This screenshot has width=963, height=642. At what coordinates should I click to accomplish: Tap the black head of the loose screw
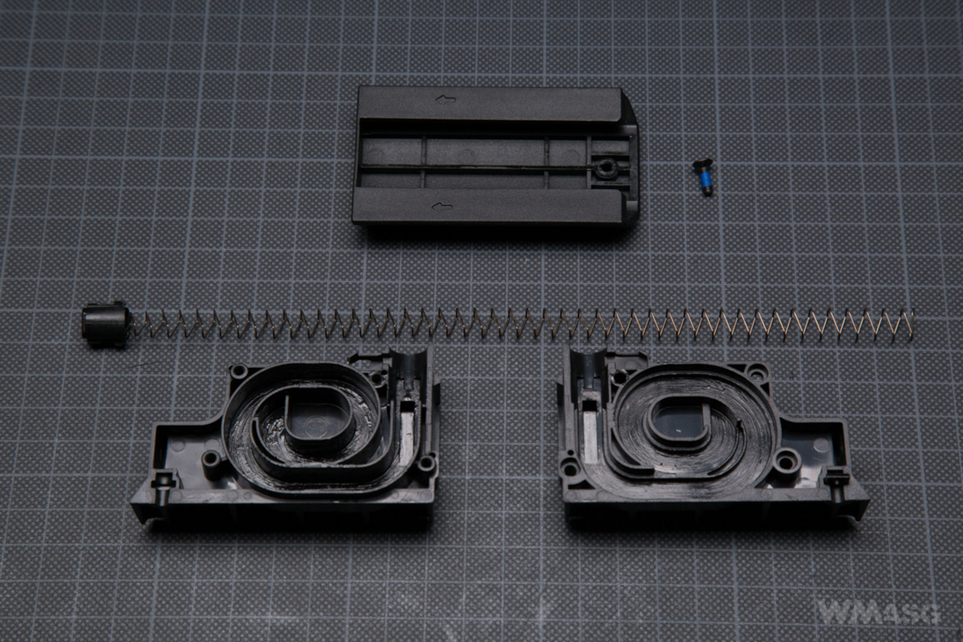pyautogui.click(x=703, y=164)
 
